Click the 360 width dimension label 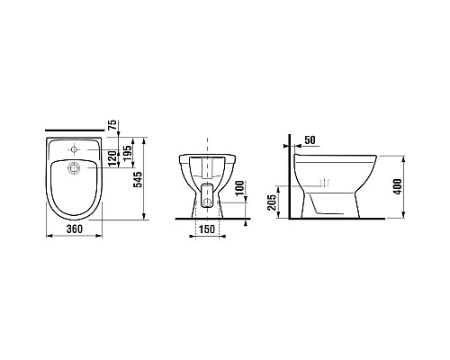(x=74, y=229)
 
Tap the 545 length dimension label (x=139, y=180)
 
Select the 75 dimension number (x=112, y=125)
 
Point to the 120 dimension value (x=112, y=158)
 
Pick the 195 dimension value (x=128, y=153)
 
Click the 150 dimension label (x=207, y=229)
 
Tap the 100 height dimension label (x=239, y=188)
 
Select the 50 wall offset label (x=310, y=140)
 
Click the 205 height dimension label (x=272, y=202)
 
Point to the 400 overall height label (x=398, y=186)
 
